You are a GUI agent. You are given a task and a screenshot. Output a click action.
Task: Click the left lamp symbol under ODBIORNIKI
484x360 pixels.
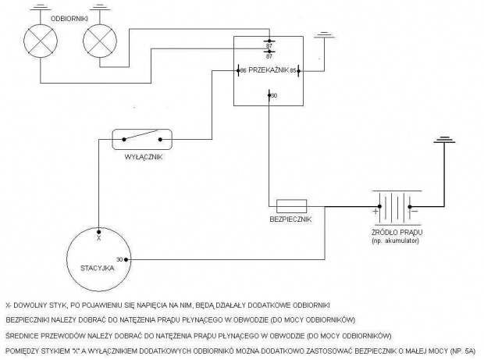[39, 37]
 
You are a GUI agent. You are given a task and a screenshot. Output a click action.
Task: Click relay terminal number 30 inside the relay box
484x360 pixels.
[273, 95]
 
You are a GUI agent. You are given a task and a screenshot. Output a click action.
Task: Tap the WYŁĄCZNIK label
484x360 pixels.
[143, 157]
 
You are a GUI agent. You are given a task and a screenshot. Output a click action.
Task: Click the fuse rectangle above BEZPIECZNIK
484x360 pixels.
[291, 206]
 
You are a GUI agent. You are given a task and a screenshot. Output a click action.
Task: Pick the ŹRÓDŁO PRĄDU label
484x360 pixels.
[398, 233]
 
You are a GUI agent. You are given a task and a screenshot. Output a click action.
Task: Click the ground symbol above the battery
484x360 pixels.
[444, 141]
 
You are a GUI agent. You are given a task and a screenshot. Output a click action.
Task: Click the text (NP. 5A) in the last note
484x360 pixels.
[469, 351]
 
